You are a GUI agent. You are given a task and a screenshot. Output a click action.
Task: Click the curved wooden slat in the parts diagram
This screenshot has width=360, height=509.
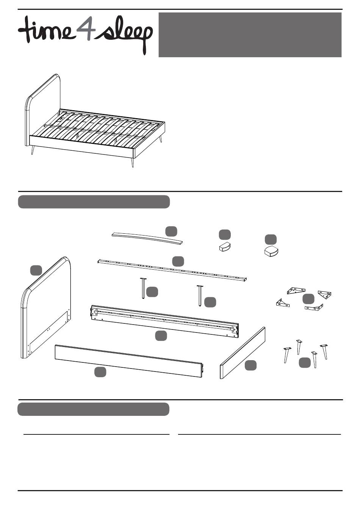pos(147,238)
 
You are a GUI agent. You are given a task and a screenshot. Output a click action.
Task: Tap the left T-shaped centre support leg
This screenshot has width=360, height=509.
pos(143,288)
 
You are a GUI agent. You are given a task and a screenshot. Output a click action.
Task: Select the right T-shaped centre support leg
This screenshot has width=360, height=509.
pos(199,295)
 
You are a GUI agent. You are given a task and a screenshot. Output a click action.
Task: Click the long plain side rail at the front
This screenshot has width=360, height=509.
pos(129,360)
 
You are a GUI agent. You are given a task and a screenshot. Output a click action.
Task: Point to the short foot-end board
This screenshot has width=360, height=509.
pos(243,353)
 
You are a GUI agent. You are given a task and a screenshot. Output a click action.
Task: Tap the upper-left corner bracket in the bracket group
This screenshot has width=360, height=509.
pos(296,290)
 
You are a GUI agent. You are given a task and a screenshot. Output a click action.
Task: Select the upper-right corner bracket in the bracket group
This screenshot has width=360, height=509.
pos(325,294)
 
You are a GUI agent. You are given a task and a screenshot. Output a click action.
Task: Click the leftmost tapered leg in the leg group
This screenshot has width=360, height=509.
pos(286,354)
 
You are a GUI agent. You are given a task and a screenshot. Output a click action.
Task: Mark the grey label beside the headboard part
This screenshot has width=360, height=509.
pos(36,270)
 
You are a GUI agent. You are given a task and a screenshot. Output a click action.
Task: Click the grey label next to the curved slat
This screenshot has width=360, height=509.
pos(171,231)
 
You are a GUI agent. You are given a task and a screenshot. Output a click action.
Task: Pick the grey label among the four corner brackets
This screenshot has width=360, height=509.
pos(308,299)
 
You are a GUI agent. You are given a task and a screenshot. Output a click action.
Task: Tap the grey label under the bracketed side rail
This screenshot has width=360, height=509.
pos(161,336)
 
